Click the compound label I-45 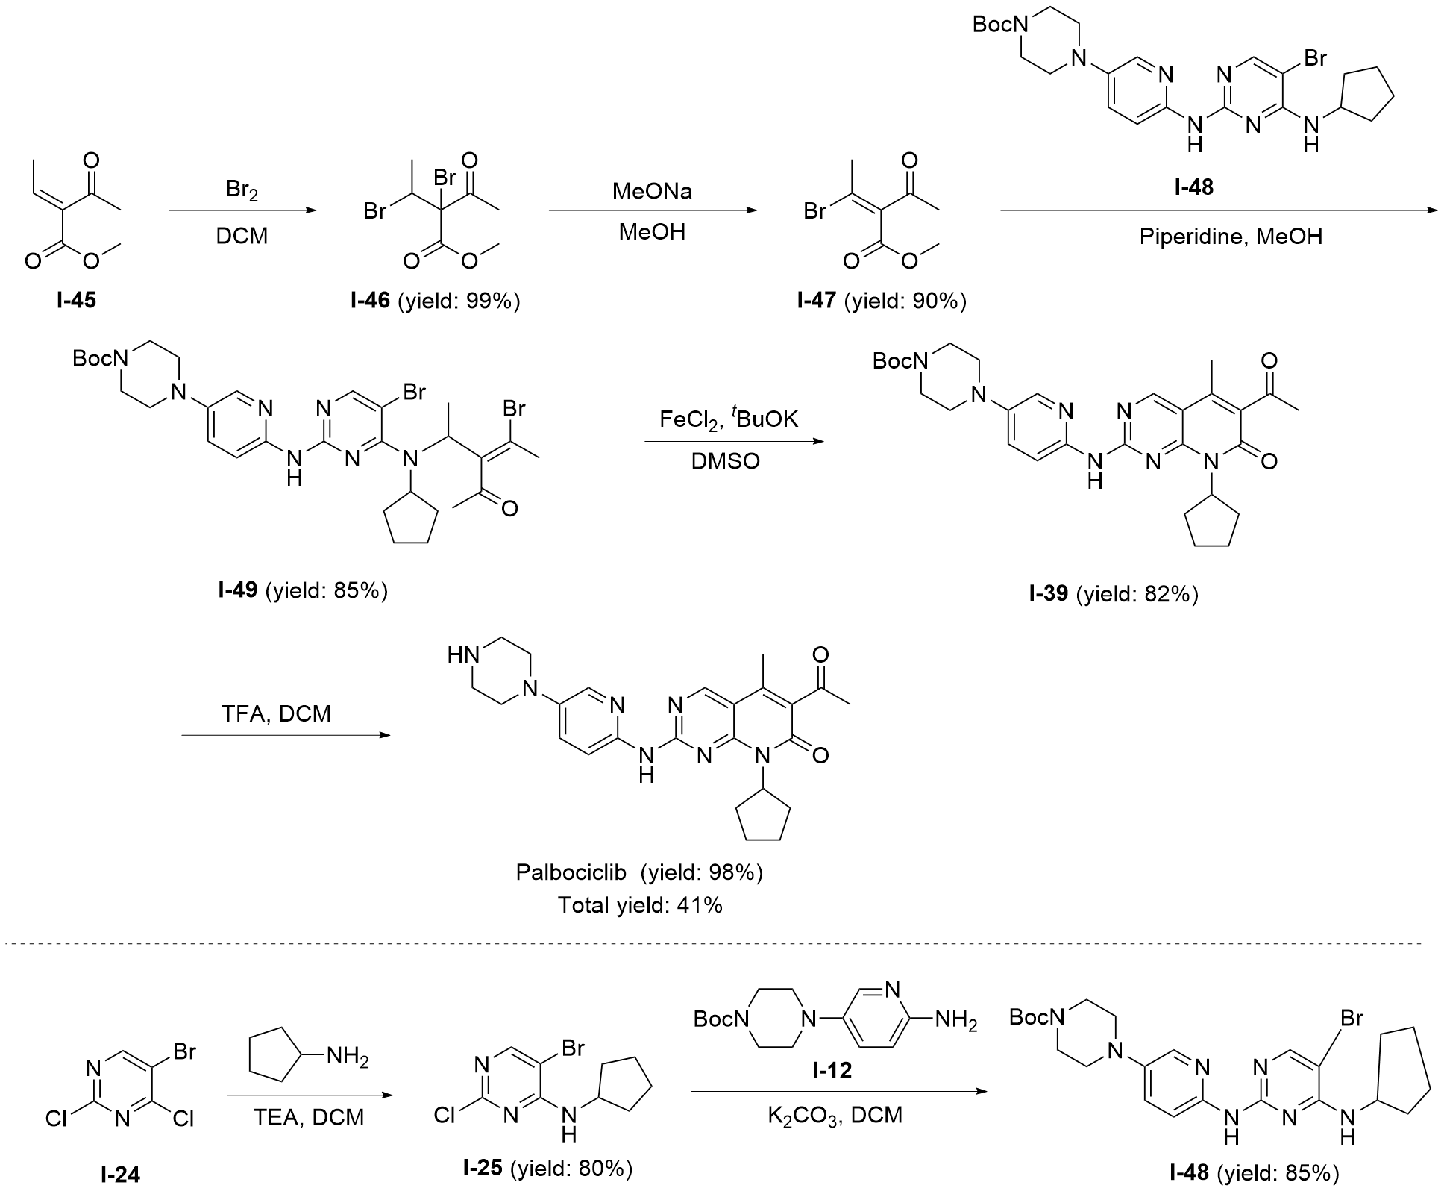pos(76,301)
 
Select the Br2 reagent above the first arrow pos(242,191)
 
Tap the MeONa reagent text pos(652,192)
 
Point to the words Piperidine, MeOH pos(1231,237)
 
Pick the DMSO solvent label pos(725,460)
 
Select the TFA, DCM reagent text pos(276,713)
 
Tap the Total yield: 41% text pos(640,905)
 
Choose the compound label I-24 pos(120,1175)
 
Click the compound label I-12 pos(832,1072)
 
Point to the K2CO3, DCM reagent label pos(835,1116)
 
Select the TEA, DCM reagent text pos(308,1117)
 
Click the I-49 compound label pos(238,590)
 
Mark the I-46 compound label pos(370,301)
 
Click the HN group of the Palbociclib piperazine pos(461,656)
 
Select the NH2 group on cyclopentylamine pos(348,1057)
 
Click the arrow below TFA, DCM pos(286,736)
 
